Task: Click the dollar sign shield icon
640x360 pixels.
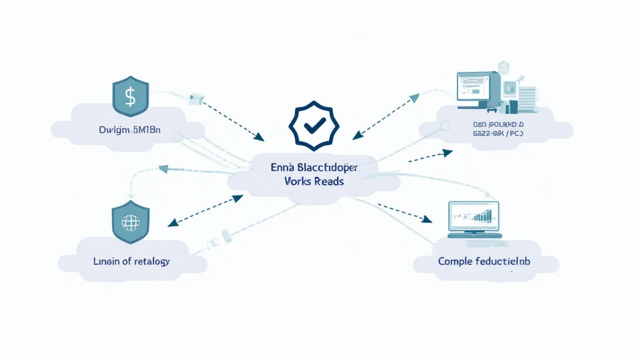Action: pyautogui.click(x=130, y=96)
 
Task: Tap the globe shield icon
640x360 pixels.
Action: pyautogui.click(x=130, y=222)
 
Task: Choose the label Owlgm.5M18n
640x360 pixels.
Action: pyautogui.click(x=130, y=130)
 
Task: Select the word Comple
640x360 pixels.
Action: pyautogui.click(x=456, y=261)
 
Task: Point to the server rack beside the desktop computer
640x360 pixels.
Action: pyautogui.click(x=527, y=97)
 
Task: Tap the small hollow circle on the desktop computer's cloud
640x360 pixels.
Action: pyautogui.click(x=445, y=126)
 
